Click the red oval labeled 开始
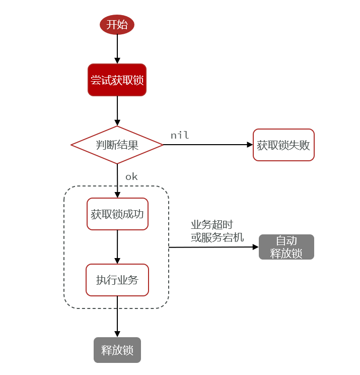pos(117,25)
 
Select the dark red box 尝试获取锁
pos(117,80)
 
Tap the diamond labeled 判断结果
pos(117,145)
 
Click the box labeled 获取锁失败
pos(283,145)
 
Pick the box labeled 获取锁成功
pos(117,214)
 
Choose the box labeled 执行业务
pos(117,280)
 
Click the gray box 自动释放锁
pos(286,247)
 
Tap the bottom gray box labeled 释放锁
pos(117,350)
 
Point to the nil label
pos(180,135)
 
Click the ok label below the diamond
pos(131,176)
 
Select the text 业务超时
pos(211,225)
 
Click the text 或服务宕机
pos(217,237)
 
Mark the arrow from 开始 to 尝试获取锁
pos(117,49)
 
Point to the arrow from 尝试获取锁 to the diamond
pos(117,110)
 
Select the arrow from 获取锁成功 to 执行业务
pos(117,246)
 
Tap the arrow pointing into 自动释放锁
pos(213,247)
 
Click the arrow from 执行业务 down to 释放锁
pos(117,317)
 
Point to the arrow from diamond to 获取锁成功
pos(117,180)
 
